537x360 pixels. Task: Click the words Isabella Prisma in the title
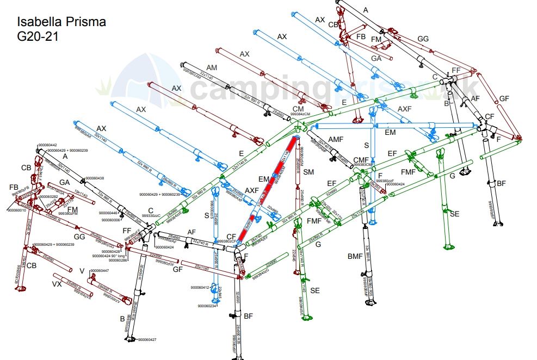coord(61,22)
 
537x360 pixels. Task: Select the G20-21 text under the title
coord(38,37)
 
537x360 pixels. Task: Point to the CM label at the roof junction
coord(298,109)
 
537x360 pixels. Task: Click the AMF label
coord(336,140)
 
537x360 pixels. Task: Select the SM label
coord(309,172)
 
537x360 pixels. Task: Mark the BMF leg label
coord(355,255)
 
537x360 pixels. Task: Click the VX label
coord(57,284)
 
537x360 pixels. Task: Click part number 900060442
coord(47,145)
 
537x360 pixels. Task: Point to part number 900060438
coord(94,178)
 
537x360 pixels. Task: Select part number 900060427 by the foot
coord(147,340)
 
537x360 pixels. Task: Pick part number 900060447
coord(100,270)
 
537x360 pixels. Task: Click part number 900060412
coord(200,287)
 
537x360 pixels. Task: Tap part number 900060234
coord(207,306)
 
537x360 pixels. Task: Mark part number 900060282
coord(48,196)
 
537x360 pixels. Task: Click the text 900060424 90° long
coord(109,256)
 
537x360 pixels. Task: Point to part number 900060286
coord(117,260)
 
